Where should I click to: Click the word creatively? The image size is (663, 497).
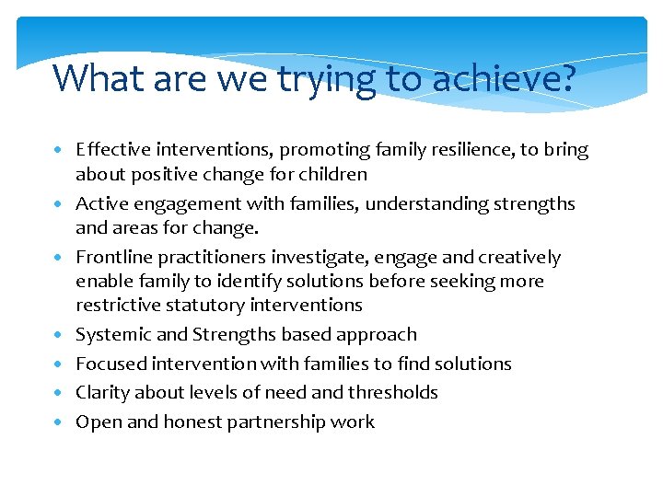point(516,257)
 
